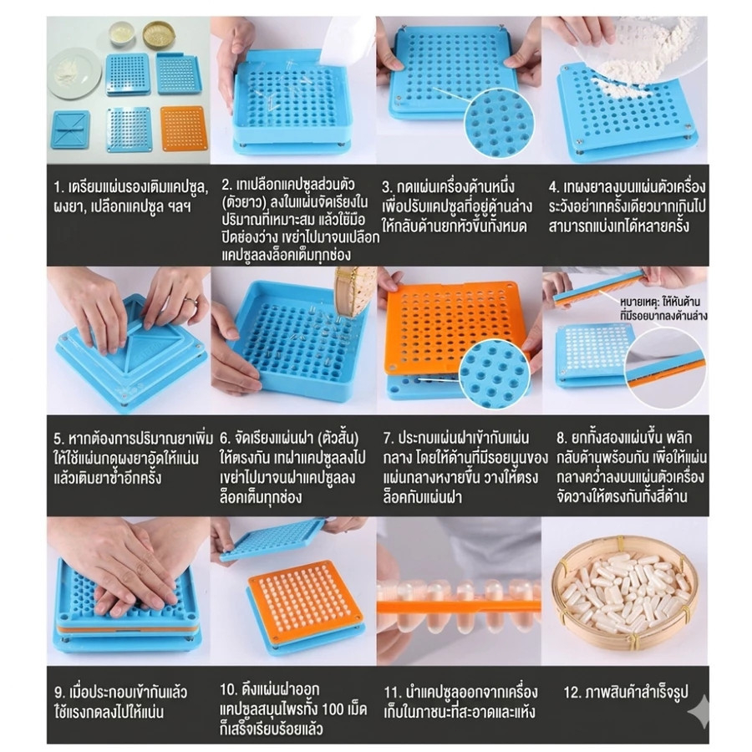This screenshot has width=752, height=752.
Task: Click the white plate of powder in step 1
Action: click(74, 75)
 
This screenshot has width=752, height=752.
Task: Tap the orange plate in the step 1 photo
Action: click(184, 129)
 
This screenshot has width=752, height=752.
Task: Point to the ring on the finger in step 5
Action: click(191, 301)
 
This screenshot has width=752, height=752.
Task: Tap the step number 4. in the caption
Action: click(555, 186)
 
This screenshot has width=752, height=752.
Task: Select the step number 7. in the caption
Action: click(389, 438)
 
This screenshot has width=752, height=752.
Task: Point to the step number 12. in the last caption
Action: click(572, 692)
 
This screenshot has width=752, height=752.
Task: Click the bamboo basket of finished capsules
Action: click(625, 596)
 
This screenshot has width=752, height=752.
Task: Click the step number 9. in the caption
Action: click(59, 692)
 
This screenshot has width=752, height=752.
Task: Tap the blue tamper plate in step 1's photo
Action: click(70, 130)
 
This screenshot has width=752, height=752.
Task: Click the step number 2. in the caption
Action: click(227, 184)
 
